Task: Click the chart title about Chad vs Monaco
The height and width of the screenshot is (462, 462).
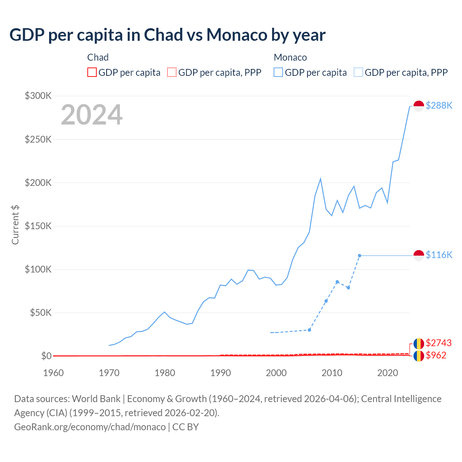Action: [167, 35]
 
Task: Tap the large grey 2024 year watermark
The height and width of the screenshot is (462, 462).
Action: [92, 115]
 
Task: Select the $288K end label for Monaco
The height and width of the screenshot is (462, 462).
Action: [439, 105]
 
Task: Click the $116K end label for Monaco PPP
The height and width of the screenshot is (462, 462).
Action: [439, 255]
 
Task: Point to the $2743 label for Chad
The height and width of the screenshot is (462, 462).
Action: [439, 343]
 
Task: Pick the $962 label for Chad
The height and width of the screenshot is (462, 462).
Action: [436, 355]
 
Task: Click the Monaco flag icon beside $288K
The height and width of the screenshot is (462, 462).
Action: [419, 106]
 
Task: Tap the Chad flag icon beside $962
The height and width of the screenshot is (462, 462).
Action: [419, 356]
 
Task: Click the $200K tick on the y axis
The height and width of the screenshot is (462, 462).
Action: [38, 183]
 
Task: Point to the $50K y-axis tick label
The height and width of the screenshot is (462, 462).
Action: [40, 313]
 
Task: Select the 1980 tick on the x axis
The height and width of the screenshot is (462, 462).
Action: [165, 373]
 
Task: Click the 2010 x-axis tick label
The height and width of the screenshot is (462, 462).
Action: [332, 373]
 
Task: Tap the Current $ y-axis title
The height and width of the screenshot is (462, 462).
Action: [15, 225]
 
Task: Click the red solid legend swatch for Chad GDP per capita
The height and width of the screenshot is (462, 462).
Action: [92, 73]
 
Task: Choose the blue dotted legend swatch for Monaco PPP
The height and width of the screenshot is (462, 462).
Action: [358, 73]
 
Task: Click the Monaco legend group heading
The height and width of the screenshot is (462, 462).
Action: [290, 57]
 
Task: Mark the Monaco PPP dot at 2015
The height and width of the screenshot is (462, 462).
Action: [359, 256]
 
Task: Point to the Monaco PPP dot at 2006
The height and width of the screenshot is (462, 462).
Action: [309, 330]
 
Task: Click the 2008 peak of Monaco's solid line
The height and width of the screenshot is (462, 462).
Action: [321, 179]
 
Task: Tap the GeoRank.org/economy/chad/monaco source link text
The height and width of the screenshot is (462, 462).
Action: [90, 427]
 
